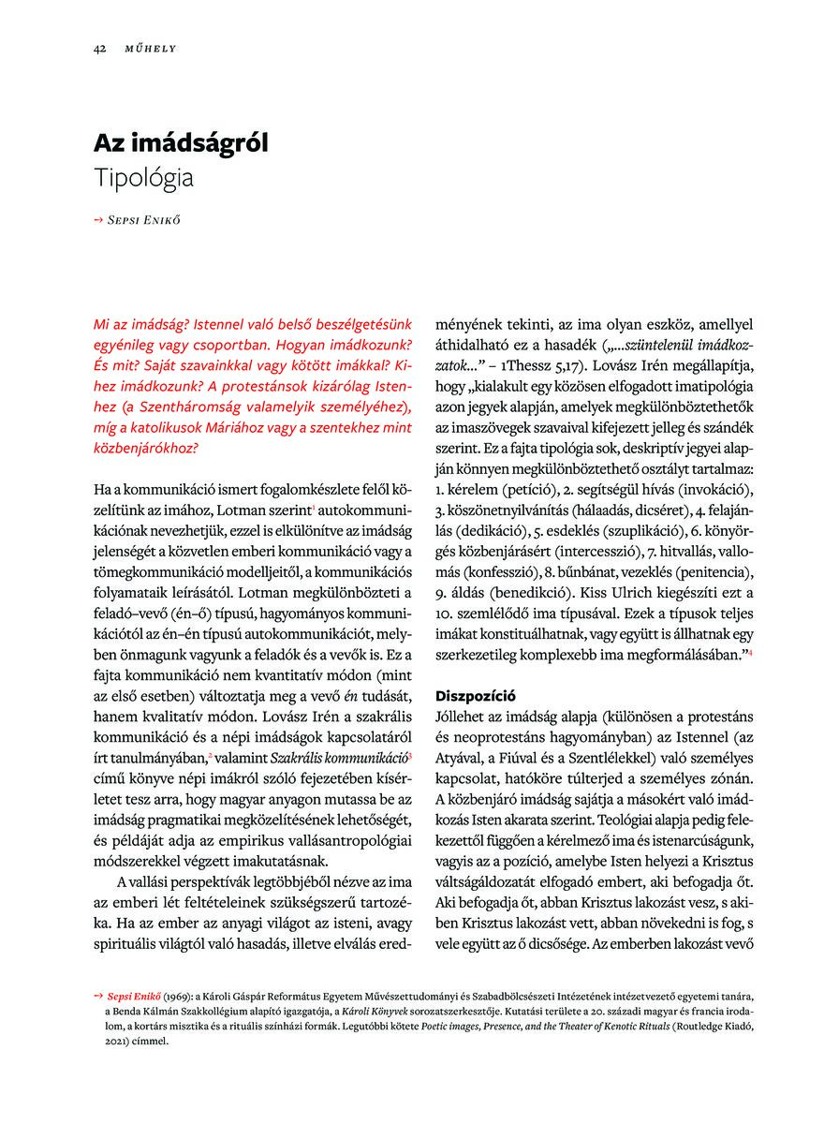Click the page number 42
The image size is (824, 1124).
(x=98, y=48)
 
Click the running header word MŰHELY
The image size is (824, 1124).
(x=151, y=48)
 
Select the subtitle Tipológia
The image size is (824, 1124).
(x=143, y=177)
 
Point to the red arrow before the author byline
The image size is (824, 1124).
(x=98, y=221)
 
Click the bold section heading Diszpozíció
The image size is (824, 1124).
(x=477, y=695)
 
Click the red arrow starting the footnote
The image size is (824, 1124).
(x=98, y=996)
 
